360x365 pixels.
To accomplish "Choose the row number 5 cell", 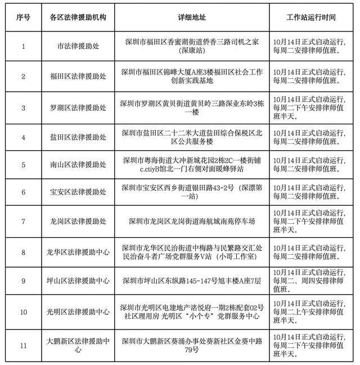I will pos(23,165).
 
